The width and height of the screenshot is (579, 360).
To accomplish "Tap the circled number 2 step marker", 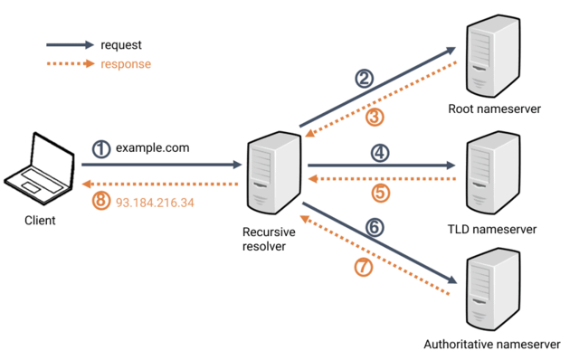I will (364, 79).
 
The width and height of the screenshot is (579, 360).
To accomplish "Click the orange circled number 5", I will (381, 192).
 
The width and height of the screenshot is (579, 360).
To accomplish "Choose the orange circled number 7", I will (363, 268).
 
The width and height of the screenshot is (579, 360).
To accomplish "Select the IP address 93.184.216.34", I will (155, 201).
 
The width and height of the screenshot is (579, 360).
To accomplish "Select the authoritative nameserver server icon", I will (494, 291).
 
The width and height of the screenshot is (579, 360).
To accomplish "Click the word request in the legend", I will (122, 44).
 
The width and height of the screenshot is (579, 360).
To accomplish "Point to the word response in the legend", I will (126, 64).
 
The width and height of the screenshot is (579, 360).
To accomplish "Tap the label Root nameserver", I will (495, 109).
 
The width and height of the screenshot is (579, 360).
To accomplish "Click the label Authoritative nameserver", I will (495, 345).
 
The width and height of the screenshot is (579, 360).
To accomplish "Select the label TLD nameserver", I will (495, 229).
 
